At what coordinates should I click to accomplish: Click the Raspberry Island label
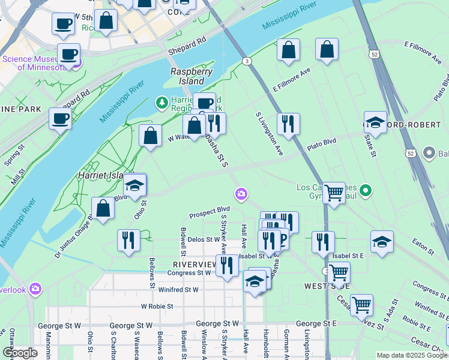(191, 76)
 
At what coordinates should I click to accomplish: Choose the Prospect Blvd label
(209, 212)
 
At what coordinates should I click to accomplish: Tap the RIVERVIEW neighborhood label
(194, 264)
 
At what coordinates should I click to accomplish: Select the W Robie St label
(157, 306)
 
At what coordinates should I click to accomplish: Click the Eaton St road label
(422, 243)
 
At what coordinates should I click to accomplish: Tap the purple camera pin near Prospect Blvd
(241, 193)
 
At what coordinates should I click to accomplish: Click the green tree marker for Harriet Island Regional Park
(161, 103)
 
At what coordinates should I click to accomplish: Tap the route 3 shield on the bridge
(246, 61)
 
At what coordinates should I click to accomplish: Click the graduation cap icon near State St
(375, 122)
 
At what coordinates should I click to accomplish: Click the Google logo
(20, 352)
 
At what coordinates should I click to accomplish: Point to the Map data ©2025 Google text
(412, 355)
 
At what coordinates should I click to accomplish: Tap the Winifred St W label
(179, 289)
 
